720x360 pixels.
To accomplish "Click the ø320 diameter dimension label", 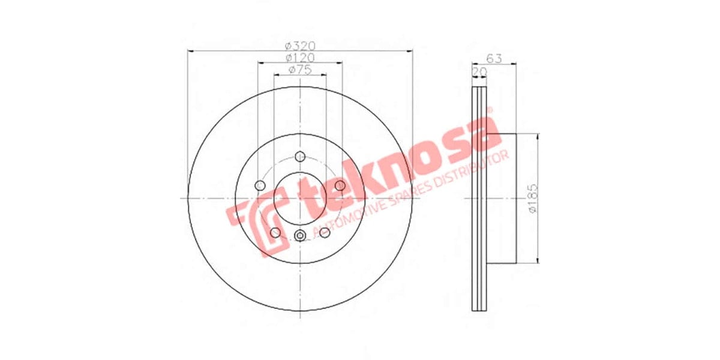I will point(300,46).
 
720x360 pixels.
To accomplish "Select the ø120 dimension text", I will point(300,58).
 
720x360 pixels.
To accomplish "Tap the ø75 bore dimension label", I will point(300,70).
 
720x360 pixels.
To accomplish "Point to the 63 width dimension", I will point(494,58).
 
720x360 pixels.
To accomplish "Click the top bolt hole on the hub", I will point(300,155).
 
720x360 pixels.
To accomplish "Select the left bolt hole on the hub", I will point(260,185).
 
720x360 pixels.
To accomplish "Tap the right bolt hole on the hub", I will point(340,185).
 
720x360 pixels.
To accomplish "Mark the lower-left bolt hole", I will point(275,232).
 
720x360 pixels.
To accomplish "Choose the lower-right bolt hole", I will point(325,232).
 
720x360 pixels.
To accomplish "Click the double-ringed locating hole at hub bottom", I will point(300,235).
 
